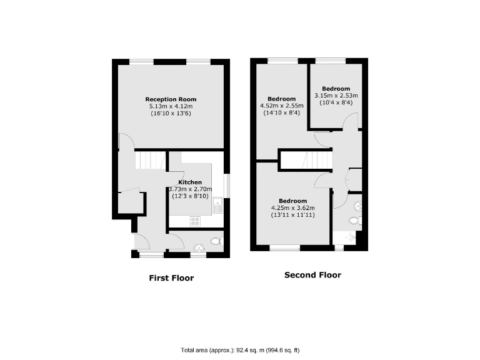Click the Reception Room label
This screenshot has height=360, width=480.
point(171,99)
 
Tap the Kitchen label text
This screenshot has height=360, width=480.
point(190,182)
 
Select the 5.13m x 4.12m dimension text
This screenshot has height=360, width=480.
point(171,106)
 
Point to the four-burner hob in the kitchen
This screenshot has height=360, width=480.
point(194,220)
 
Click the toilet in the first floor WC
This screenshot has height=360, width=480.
point(216,241)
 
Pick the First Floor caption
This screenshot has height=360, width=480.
point(171,278)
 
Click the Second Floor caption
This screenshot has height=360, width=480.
point(312,275)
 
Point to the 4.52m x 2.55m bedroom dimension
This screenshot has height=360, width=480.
point(281,106)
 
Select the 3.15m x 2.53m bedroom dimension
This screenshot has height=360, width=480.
point(336,96)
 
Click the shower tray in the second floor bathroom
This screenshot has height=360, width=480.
point(347,237)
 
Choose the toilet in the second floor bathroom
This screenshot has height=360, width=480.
point(354,219)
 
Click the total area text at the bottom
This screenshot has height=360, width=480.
point(241,349)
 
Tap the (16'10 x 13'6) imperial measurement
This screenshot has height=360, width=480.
point(171,114)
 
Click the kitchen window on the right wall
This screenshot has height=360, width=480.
point(226,185)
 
